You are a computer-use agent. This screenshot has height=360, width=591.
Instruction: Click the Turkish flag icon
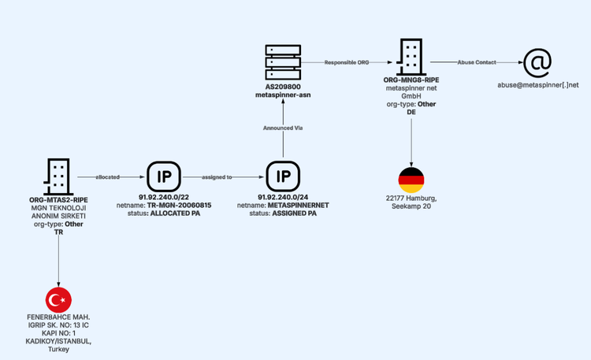58,299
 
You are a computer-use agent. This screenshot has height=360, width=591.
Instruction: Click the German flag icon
411,180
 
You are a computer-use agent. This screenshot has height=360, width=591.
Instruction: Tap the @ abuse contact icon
537,62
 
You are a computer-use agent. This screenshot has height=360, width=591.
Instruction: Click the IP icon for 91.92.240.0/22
164,176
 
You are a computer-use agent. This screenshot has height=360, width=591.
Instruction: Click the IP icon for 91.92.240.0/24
283,176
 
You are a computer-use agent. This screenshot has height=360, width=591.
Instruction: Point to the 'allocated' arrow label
107,177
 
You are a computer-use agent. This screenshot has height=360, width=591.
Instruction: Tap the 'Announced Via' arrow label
284,128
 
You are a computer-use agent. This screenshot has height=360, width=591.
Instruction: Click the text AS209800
284,87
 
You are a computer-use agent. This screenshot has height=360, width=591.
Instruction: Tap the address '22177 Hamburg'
411,199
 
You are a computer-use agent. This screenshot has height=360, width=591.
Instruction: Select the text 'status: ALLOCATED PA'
164,213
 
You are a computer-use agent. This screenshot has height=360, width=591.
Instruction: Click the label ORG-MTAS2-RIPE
58,200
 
